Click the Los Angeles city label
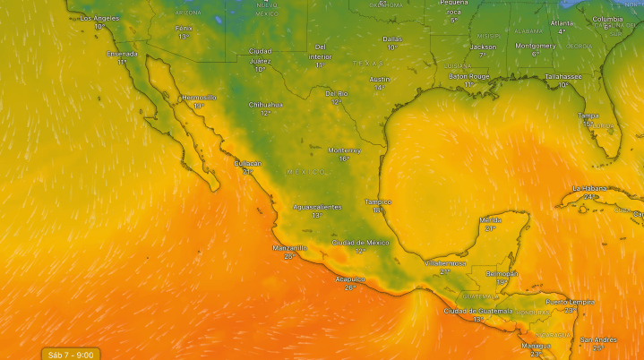[x=99, y=18]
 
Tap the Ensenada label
[x=122, y=54]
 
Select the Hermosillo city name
[x=199, y=97]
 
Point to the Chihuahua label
[x=265, y=105]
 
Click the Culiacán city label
[x=248, y=163]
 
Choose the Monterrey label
[x=344, y=150]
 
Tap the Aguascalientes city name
[x=317, y=207]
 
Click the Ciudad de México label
[x=360, y=243]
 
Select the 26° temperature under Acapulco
[x=350, y=287]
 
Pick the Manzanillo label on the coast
[x=289, y=247]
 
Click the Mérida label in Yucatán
[x=490, y=219]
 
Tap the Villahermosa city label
[x=445, y=263]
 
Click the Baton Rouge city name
[x=469, y=76]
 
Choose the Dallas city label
[x=392, y=39]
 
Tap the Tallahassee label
[x=564, y=76]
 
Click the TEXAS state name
[x=367, y=64]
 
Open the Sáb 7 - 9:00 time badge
[x=71, y=354]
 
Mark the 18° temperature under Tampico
[x=379, y=210]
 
